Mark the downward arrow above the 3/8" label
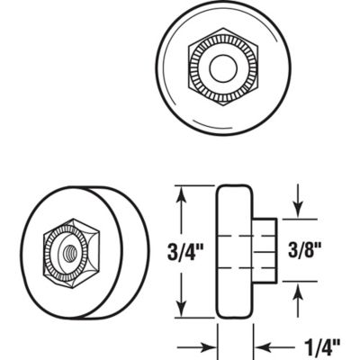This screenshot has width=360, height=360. tap(300, 210)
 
